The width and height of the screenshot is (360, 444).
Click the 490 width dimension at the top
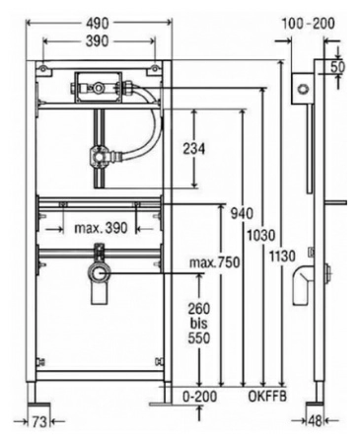98,23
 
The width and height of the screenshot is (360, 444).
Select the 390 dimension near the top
98,41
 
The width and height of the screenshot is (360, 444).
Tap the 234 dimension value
194,149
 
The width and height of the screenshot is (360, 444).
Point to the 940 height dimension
242,213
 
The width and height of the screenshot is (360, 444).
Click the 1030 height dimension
261,236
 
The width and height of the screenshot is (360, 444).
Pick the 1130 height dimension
282,256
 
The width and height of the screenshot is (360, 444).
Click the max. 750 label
215,262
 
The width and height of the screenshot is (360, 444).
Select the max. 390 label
101,228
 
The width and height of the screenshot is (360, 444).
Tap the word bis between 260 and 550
199,324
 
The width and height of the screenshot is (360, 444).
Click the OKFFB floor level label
267,397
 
